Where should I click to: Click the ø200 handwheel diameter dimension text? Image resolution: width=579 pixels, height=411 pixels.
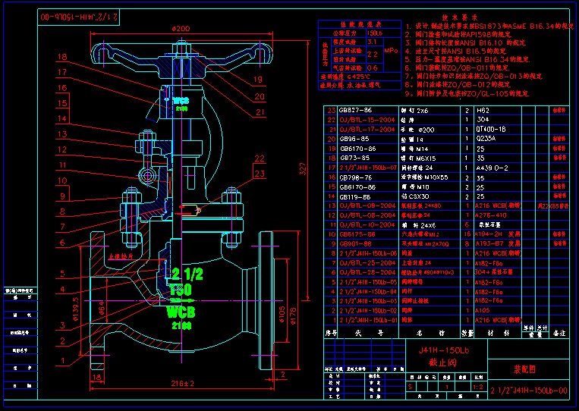coord(181,28)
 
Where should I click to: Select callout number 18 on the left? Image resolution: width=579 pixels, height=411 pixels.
coord(61,57)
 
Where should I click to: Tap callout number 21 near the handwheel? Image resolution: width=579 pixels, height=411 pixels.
coord(260,112)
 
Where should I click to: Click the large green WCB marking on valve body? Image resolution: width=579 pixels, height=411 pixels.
coord(182,312)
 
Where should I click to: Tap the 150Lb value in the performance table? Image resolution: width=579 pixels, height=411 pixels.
coord(374,34)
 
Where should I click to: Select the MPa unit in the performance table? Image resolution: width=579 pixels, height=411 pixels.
coord(391,50)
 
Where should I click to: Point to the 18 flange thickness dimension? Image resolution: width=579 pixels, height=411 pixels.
coord(282,374)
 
